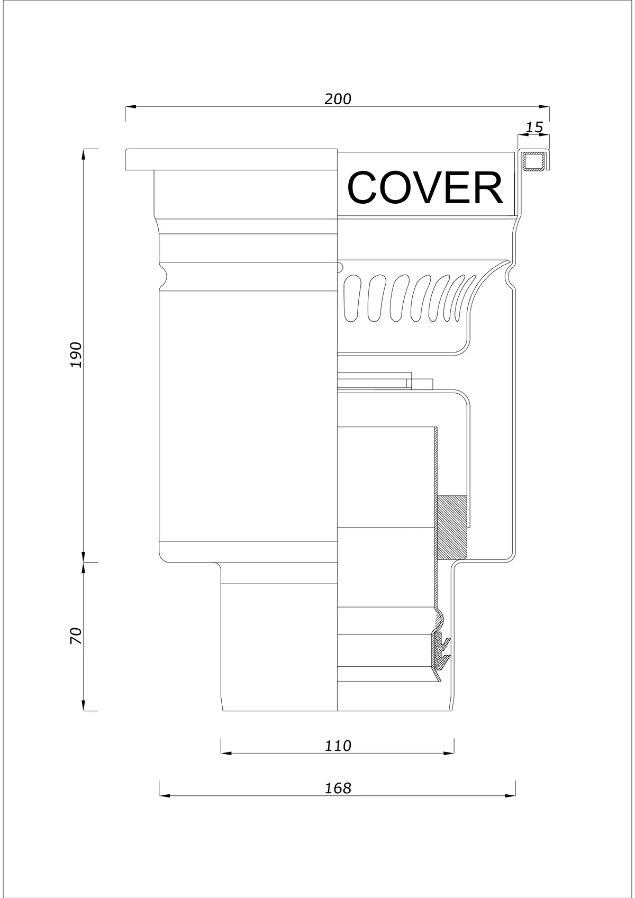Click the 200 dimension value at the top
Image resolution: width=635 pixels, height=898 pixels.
click(x=338, y=99)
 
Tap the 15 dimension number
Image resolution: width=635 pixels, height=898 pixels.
click(x=534, y=128)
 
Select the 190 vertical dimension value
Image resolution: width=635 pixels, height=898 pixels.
click(x=76, y=355)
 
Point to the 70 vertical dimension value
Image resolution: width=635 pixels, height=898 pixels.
click(x=76, y=636)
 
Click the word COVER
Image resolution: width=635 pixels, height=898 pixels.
click(x=425, y=188)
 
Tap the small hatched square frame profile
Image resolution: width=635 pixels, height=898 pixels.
click(x=535, y=162)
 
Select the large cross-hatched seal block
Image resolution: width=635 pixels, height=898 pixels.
click(x=452, y=528)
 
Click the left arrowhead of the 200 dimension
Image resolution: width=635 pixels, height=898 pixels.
click(x=131, y=107)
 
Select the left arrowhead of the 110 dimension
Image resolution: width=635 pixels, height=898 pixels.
click(x=226, y=754)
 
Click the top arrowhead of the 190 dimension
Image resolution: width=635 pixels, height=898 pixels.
click(x=84, y=155)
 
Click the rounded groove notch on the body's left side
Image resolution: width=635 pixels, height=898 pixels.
click(x=162, y=276)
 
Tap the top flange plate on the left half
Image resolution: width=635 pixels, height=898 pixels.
click(x=231, y=160)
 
